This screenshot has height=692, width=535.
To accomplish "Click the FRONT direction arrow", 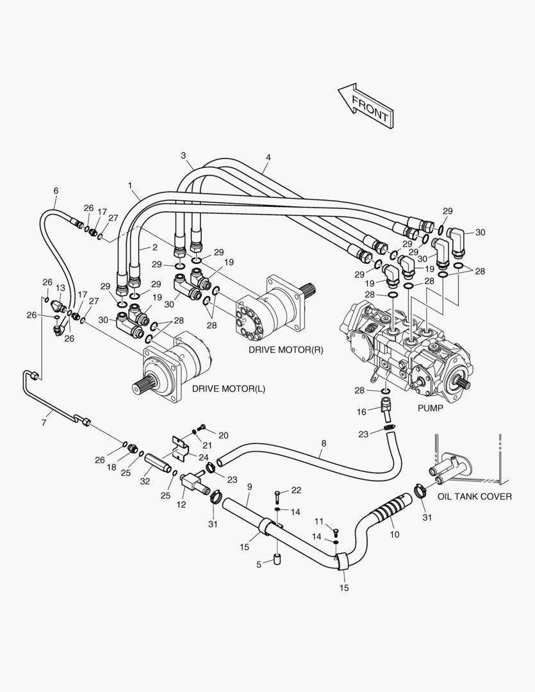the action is (x=366, y=106).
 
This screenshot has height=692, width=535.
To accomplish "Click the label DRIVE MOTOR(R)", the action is (x=286, y=350).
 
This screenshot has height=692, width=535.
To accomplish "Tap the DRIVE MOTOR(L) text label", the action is (x=229, y=389).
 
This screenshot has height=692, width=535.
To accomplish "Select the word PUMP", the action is (x=431, y=408).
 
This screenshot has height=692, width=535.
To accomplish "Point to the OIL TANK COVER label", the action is (x=475, y=497).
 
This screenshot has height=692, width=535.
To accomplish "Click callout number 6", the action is (x=56, y=191).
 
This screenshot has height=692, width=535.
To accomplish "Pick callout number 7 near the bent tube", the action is (x=44, y=423).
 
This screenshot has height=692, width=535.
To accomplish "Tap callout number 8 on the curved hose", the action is (x=324, y=443).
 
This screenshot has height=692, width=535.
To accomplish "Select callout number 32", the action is (x=145, y=481).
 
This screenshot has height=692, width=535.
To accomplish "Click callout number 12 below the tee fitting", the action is (x=181, y=504).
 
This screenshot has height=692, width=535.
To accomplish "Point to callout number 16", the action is (x=361, y=412).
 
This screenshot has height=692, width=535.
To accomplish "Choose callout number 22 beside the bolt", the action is (x=296, y=490).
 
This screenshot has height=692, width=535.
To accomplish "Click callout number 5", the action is (x=259, y=564).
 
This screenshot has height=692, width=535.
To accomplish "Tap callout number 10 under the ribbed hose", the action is (x=395, y=534).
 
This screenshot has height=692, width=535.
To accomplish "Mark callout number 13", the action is (x=60, y=288).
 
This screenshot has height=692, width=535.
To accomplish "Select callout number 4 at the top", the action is (x=268, y=157).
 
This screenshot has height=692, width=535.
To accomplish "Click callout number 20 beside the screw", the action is (x=224, y=436).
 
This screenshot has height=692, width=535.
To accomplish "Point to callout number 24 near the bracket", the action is (x=204, y=457).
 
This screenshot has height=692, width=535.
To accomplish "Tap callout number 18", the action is (x=111, y=467).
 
